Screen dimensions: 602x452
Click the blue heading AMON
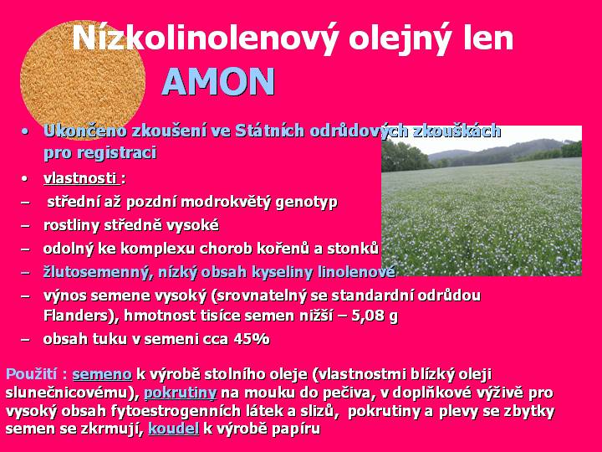218,81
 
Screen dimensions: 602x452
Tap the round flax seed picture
83,80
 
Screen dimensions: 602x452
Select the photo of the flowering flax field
482,201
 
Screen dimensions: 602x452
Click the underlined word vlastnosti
80,178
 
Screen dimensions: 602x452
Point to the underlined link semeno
102,374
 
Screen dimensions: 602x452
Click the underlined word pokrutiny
180,393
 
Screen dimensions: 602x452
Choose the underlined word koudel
174,429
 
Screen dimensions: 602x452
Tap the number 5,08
368,316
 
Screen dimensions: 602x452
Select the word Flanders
77,316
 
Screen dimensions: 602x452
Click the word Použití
32,374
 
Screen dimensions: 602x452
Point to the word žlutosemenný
96,273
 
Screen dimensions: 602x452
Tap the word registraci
117,152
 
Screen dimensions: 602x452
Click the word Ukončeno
85,131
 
